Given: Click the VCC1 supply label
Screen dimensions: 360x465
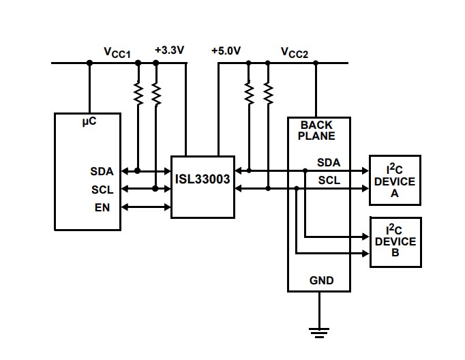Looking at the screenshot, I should pyautogui.click(x=117, y=52).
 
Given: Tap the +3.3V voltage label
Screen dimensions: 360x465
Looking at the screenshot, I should pyautogui.click(x=169, y=50).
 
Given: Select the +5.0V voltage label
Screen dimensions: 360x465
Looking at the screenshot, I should pyautogui.click(x=226, y=50).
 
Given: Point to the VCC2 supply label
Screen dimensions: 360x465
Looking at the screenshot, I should pyautogui.click(x=295, y=52).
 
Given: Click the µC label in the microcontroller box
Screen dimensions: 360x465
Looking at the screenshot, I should pyautogui.click(x=89, y=122).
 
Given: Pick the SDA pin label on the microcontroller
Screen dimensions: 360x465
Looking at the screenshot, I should pyautogui.click(x=102, y=171).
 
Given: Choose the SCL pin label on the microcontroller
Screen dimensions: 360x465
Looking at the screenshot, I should pyautogui.click(x=102, y=189).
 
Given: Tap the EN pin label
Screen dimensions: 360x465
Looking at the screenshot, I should pyautogui.click(x=102, y=206).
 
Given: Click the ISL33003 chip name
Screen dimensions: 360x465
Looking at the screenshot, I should pyautogui.click(x=202, y=181).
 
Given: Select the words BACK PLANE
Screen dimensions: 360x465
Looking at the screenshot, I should pyautogui.click(x=317, y=131).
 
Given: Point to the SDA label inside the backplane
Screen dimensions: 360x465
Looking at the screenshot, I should pyautogui.click(x=329, y=162).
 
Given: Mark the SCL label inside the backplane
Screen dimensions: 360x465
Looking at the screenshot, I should pyautogui.click(x=329, y=180).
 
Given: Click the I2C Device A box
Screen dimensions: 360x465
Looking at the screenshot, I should pyautogui.click(x=395, y=181).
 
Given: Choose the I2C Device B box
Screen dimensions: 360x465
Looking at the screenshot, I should pyautogui.click(x=395, y=242).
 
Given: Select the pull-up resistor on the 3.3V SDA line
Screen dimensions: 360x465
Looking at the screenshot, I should pyautogui.click(x=138, y=93).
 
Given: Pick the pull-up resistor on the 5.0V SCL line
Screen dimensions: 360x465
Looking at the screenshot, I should pyautogui.click(x=267, y=93).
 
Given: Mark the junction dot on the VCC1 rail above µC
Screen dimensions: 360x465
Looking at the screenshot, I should pyautogui.click(x=89, y=63).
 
